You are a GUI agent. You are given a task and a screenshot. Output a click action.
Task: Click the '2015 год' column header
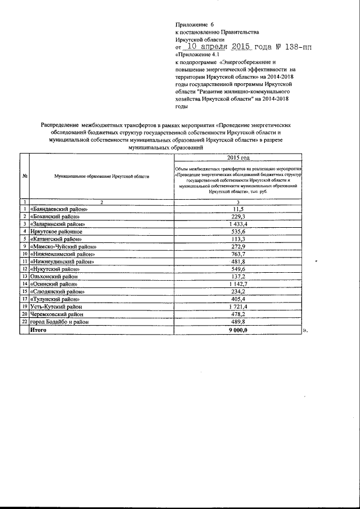click(x=238, y=159)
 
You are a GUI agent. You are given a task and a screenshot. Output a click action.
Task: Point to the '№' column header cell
click(x=25, y=176)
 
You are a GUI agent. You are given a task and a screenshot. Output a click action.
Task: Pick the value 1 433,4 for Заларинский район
click(x=238, y=224)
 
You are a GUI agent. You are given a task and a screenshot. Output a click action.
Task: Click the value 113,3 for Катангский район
click(x=238, y=238)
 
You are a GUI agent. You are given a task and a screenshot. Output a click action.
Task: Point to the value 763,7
click(x=238, y=254)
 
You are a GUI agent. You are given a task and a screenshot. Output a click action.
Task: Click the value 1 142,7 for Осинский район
click(x=238, y=283)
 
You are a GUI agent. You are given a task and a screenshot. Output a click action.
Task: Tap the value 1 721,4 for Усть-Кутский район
click(x=238, y=307)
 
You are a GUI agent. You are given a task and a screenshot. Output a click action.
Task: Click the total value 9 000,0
click(x=238, y=330)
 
